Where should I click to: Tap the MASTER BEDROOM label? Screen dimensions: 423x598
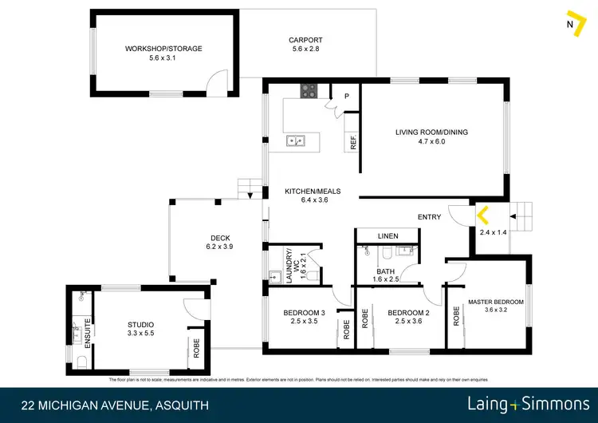pos(495,302)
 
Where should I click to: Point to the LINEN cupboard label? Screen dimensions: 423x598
pos(388,236)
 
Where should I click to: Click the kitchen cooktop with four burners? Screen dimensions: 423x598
pos(309,93)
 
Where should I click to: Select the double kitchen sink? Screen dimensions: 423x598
pos(297,142)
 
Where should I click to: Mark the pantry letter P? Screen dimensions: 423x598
pos(346,97)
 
